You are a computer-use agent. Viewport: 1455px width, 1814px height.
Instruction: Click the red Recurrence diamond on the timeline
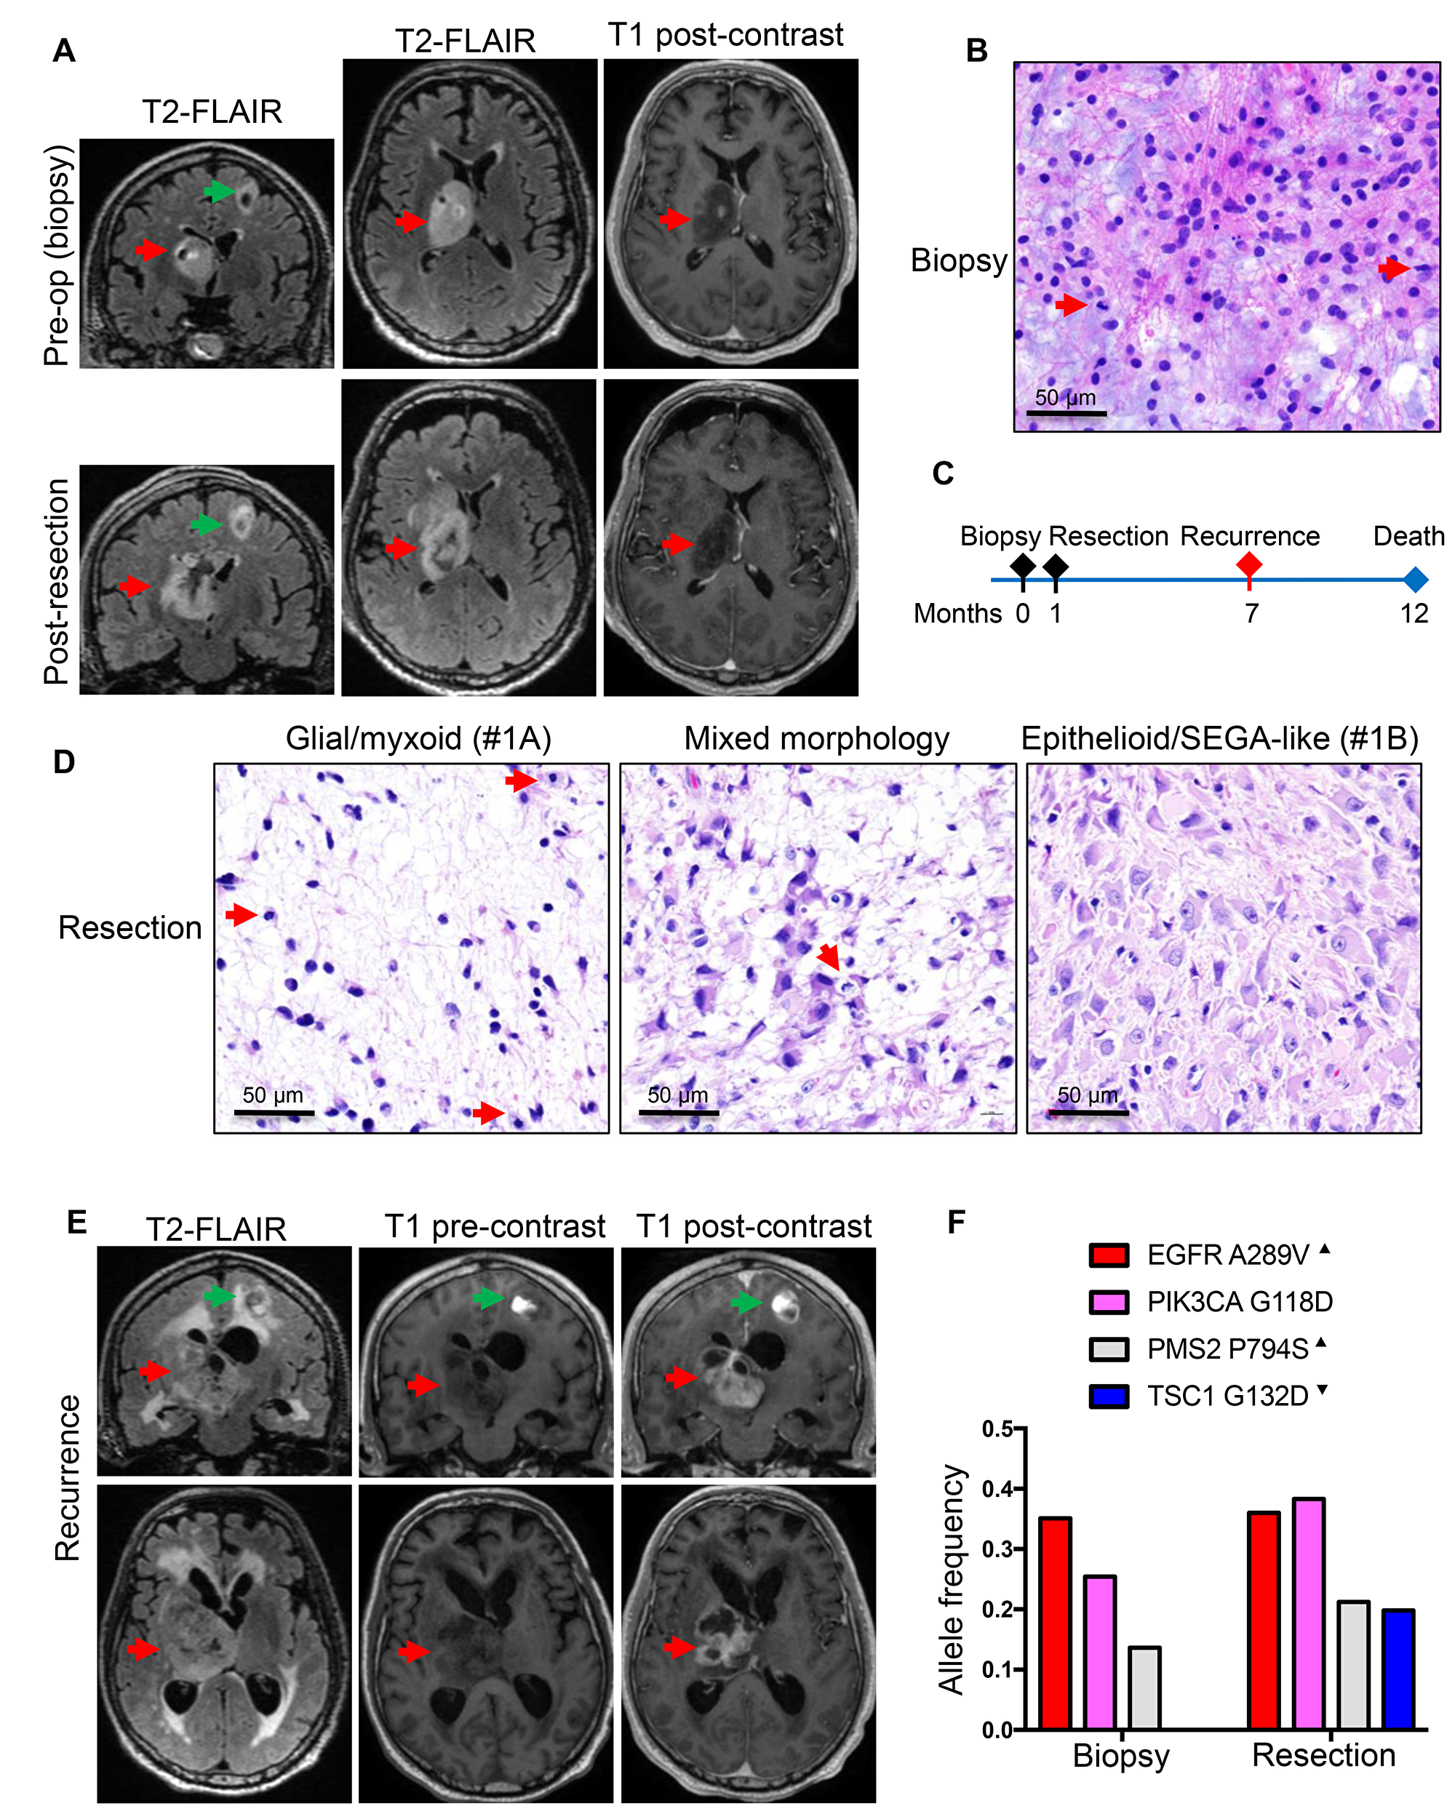[x=1249, y=564]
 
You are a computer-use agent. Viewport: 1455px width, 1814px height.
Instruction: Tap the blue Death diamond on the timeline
[x=1416, y=580]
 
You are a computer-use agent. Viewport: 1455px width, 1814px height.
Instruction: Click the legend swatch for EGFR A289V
[x=1108, y=1255]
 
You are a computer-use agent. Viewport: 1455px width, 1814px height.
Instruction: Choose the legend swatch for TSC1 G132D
[x=1108, y=1397]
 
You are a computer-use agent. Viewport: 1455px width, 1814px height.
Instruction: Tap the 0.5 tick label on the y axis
[x=998, y=1429]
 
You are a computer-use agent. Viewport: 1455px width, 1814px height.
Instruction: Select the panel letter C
[x=943, y=474]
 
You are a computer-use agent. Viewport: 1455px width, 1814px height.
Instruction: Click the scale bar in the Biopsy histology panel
[x=1065, y=413]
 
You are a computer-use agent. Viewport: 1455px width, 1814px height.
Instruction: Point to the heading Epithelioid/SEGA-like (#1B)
[x=1219, y=739]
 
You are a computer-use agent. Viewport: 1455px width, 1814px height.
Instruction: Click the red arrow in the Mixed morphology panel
[x=828, y=956]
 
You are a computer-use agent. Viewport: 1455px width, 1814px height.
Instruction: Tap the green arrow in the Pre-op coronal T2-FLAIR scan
[x=219, y=192]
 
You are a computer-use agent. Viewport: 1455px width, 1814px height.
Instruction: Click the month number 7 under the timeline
[x=1251, y=613]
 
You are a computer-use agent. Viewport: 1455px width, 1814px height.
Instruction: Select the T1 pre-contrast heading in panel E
[x=495, y=1227]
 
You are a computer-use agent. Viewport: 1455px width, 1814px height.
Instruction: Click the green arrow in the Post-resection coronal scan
[x=205, y=525]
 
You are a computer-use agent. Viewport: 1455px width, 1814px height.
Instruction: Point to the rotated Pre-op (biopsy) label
[x=57, y=256]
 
